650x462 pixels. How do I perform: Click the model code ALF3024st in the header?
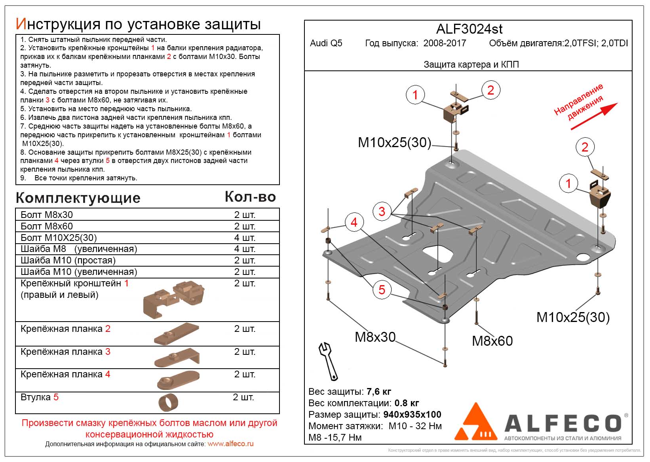(x=469, y=29)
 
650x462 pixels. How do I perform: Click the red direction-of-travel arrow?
(x=594, y=116)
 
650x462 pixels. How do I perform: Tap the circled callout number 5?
(x=382, y=290)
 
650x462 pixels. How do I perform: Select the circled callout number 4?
(x=354, y=222)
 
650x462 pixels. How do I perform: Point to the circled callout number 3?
(x=382, y=211)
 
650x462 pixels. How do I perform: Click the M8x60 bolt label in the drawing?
(x=492, y=341)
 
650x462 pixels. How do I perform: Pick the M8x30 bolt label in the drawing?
(x=375, y=337)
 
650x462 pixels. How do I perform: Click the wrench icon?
(x=328, y=360)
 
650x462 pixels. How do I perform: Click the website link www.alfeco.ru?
(x=230, y=444)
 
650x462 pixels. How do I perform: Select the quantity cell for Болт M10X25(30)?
(x=245, y=238)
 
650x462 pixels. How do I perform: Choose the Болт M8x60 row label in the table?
(x=47, y=226)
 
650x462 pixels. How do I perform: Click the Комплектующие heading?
(x=78, y=198)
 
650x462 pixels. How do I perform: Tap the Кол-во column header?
(x=250, y=197)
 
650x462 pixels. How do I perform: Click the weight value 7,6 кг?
(x=379, y=392)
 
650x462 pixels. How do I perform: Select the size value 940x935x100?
(x=412, y=415)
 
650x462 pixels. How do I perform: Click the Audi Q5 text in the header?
(x=326, y=43)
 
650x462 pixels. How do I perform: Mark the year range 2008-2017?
(x=445, y=43)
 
